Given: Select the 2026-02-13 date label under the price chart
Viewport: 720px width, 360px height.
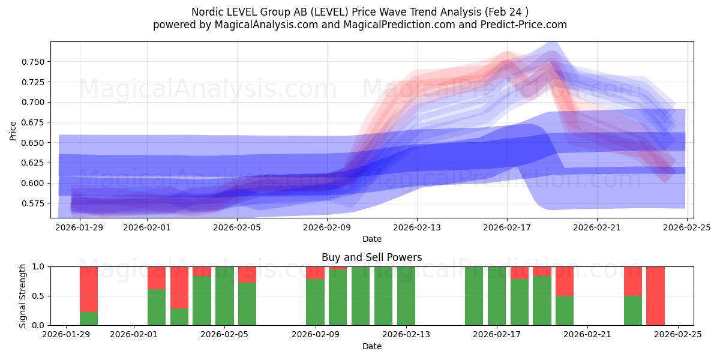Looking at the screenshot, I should coord(417,227).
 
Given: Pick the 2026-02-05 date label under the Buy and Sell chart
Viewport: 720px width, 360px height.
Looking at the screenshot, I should coord(224,334).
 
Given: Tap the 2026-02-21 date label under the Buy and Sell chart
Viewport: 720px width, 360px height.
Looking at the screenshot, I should coord(587,334).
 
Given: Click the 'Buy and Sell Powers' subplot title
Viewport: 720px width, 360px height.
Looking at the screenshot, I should coord(371,257).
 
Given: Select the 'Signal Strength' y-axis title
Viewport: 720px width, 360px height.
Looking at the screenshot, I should coord(22,296).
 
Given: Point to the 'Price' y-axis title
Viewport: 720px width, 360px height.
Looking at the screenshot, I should coord(13,130).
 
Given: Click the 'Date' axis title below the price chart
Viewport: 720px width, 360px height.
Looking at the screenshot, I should coord(371,239).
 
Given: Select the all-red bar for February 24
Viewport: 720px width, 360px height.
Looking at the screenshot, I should coord(655,296).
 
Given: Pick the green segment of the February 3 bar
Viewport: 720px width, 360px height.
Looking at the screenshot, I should coord(179,317).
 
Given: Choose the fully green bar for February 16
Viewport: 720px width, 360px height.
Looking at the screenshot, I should coord(474,296).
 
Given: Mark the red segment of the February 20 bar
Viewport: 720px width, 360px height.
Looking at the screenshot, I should coord(565,281).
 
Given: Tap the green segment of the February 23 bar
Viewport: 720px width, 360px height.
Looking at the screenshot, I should coord(632,310).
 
